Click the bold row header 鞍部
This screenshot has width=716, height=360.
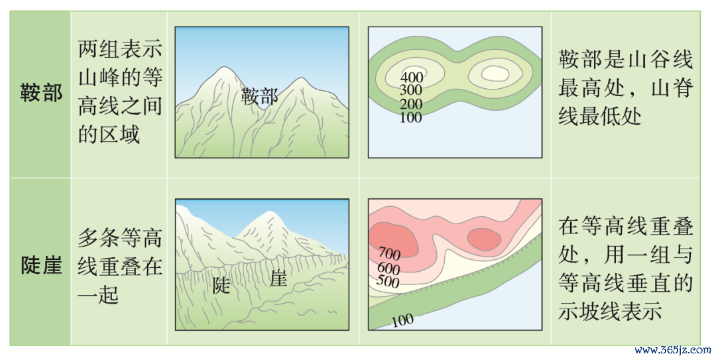pos(41,93)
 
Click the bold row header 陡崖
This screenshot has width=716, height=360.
pos(41,265)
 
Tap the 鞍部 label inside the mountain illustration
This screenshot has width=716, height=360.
pos(260,96)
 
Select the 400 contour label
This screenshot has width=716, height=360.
pos(412,78)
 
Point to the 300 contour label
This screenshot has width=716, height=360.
pos(411,90)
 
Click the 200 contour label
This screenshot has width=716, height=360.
pos(411,104)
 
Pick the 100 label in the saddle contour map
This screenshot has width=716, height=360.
pos(411,117)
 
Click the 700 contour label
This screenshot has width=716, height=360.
pos(390,253)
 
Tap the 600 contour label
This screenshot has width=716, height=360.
pos(388,268)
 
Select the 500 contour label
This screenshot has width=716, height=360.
pos(388,280)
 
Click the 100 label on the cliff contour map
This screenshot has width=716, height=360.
pos(402,320)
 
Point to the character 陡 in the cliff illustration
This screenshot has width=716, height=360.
pos(221,286)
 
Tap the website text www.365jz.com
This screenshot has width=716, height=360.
pos(673,350)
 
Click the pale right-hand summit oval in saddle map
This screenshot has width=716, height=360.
pos(495,73)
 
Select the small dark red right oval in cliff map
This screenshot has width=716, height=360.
pos(484,239)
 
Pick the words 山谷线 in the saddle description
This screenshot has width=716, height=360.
pos(660,60)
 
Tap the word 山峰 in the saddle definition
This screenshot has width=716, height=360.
pos(99,78)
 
